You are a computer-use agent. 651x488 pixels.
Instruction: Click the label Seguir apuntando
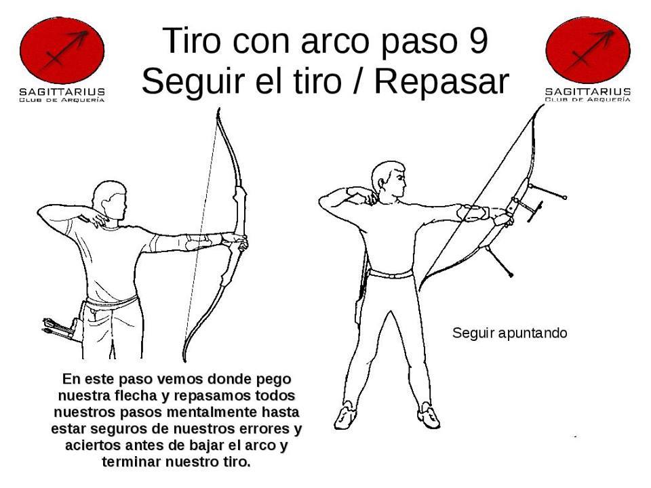[x=509, y=333]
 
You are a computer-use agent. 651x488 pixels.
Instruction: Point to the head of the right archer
[x=389, y=180]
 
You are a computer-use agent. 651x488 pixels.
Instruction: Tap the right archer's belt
[x=391, y=274]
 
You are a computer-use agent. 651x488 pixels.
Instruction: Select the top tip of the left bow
[x=218, y=113]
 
